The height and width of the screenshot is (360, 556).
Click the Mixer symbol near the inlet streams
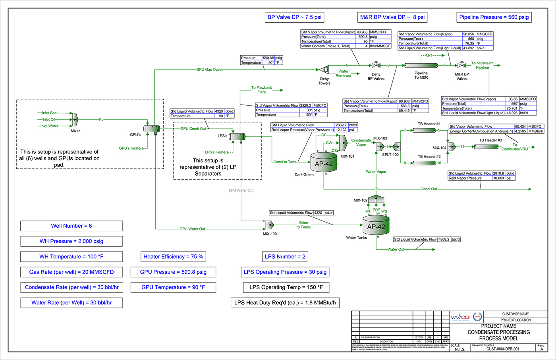75,119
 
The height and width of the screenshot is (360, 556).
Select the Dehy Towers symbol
324,70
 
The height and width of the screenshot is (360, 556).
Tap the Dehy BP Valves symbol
376,65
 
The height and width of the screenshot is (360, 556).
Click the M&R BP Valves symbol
461,65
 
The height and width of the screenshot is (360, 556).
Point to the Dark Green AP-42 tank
324,163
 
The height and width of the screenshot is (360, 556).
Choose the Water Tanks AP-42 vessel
376,226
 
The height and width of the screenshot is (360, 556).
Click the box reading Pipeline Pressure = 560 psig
494,17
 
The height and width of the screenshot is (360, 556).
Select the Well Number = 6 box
71,226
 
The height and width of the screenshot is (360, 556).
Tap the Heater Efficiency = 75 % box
173,257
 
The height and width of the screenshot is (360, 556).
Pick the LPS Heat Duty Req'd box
285,303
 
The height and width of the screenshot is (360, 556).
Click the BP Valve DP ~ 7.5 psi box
295,17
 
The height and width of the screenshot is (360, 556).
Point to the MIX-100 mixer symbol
270,225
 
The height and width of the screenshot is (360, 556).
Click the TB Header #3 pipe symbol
487,147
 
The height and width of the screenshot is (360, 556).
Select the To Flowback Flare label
261,90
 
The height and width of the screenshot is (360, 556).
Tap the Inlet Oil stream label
49,119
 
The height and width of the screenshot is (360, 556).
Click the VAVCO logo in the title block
460,317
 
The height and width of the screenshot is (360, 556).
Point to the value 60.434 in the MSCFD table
520,126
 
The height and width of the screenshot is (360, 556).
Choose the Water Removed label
343,74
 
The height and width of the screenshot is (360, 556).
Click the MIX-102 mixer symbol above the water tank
376,199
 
